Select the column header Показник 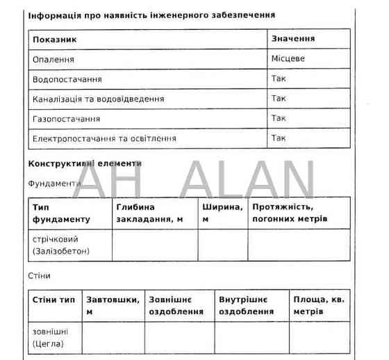(x=54, y=40)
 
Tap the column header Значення (x=292, y=39)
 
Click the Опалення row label (x=53, y=60)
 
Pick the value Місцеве (x=288, y=59)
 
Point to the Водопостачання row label (x=67, y=79)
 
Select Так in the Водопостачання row (x=279, y=79)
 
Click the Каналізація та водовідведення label (x=99, y=99)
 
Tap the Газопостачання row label (x=66, y=119)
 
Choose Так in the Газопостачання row (x=279, y=118)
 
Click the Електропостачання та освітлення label (x=104, y=138)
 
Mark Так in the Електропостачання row (x=279, y=138)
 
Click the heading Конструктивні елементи (x=85, y=163)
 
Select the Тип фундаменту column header (x=61, y=213)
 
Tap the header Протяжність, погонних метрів (x=290, y=213)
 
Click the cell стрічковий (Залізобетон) (x=61, y=245)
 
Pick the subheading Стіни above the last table (x=39, y=275)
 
